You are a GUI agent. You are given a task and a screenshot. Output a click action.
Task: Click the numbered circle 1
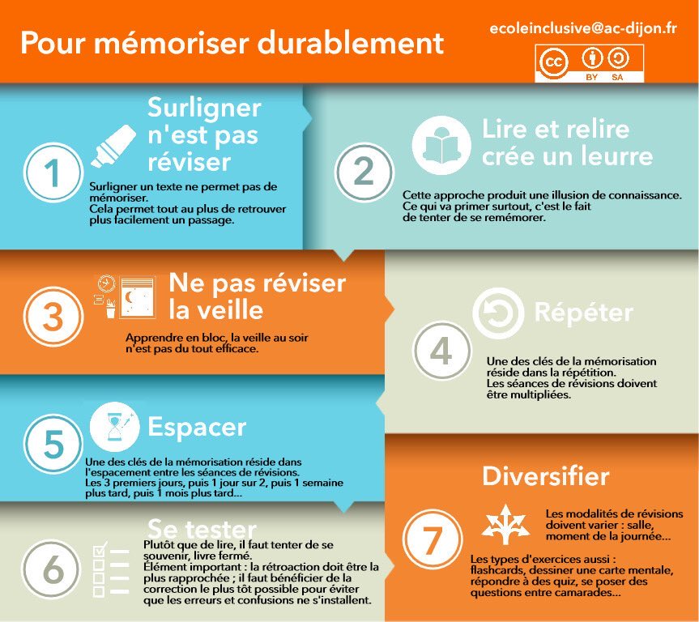(x=53, y=173)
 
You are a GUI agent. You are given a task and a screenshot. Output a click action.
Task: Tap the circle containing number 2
(x=364, y=173)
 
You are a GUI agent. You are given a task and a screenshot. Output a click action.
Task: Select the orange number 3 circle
(x=53, y=317)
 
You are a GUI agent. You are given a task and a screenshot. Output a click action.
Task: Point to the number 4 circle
(x=441, y=351)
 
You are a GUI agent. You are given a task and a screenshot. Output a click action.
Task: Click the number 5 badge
(x=53, y=444)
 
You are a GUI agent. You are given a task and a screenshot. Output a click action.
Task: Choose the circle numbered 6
(x=52, y=569)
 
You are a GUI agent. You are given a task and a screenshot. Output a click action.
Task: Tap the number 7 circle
(x=432, y=539)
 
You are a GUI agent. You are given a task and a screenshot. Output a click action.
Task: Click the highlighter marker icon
(x=113, y=146)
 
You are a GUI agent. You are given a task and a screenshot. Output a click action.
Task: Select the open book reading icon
(x=441, y=145)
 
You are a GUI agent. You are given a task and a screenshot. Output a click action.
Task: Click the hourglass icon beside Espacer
(x=114, y=427)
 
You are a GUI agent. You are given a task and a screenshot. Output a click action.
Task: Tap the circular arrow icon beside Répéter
(x=498, y=313)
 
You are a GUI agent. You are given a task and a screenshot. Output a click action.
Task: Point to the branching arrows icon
(x=505, y=524)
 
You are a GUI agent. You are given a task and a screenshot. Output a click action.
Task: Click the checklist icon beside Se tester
(x=110, y=569)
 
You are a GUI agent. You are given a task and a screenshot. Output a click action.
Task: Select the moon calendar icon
(x=126, y=297)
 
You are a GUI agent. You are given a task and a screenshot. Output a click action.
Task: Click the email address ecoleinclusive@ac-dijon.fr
(x=583, y=28)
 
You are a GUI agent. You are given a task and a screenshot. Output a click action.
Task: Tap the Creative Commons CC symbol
(x=553, y=62)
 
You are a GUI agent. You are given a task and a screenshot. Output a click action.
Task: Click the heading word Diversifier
(x=545, y=475)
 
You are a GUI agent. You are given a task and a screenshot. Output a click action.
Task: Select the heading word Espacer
(x=197, y=427)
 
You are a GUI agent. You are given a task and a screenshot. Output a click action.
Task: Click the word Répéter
(x=583, y=311)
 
